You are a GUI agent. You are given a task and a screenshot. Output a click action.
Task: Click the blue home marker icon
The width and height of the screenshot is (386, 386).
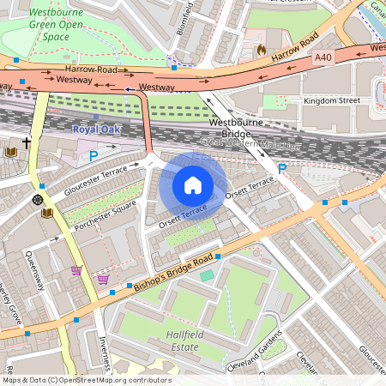(x=193, y=184)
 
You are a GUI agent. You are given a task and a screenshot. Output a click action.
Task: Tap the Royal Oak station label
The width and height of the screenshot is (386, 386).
(x=97, y=130)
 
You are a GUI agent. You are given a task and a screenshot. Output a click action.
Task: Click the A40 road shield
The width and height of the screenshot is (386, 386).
(x=323, y=57)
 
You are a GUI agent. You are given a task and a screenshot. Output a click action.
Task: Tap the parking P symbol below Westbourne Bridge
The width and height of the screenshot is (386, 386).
(x=281, y=169)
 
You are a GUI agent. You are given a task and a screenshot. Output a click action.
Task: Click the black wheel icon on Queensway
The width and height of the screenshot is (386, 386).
(x=38, y=199)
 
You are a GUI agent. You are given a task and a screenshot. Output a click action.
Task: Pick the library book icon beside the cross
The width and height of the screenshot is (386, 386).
(x=10, y=152)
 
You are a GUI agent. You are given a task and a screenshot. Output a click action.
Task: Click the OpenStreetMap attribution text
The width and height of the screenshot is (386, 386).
(x=86, y=380)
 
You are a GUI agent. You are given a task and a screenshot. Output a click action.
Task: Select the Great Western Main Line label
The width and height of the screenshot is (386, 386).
(x=257, y=146)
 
